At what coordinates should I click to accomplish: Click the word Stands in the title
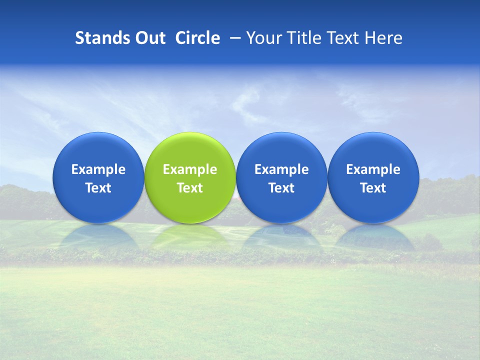[x=95, y=38]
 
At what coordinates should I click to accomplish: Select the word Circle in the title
[x=197, y=38]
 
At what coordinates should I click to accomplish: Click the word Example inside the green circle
[x=190, y=169]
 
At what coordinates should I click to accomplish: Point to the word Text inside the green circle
[x=190, y=188]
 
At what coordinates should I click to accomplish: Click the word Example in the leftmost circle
[x=98, y=169]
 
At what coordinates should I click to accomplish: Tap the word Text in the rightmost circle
[x=373, y=188]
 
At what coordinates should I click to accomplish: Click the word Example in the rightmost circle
[x=373, y=169]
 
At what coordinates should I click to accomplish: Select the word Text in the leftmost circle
[x=98, y=188]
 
